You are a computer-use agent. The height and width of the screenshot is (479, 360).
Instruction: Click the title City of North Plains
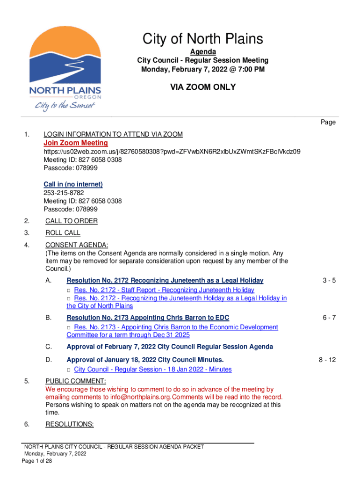point(202,39)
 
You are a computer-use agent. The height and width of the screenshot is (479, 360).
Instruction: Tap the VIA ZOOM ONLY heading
point(202,87)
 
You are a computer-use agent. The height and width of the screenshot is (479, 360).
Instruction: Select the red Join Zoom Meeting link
point(76,143)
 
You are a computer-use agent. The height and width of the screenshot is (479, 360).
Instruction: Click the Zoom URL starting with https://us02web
point(172,152)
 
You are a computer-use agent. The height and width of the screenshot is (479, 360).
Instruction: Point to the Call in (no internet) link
point(73,184)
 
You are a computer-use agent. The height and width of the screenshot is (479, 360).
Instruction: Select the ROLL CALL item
point(63,233)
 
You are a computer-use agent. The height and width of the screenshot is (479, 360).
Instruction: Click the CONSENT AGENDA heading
point(77,245)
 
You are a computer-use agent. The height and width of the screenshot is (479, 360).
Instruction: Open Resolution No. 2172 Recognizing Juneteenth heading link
point(165,281)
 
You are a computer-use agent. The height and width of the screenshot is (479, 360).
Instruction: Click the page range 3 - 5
point(329,281)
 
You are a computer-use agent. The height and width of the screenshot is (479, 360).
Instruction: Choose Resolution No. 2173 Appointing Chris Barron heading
point(148,318)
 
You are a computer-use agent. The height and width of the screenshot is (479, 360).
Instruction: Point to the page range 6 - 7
point(329,318)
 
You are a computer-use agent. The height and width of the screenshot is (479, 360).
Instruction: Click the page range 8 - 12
point(327,360)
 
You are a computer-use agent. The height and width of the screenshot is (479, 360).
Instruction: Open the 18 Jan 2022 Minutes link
point(153,370)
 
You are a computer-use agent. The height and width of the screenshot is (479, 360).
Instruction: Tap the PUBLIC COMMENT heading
point(76,381)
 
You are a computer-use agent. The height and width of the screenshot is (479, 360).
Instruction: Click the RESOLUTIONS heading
point(70,425)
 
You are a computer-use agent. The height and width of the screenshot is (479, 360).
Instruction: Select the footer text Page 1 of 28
point(37,461)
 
